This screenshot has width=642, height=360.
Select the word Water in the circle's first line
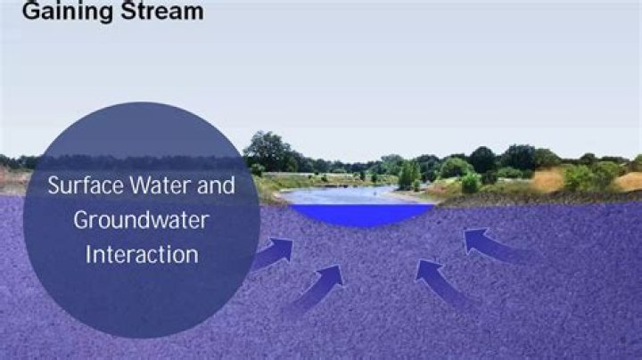pos(164,186)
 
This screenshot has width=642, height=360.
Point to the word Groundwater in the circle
pos(141,220)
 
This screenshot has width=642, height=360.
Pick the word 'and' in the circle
pos(217,186)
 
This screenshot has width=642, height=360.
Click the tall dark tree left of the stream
pos(267,151)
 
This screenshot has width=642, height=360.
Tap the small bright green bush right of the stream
pos(471,184)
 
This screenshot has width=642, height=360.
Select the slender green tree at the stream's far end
pos(408,174)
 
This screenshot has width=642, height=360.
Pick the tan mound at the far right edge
pos(630,181)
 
